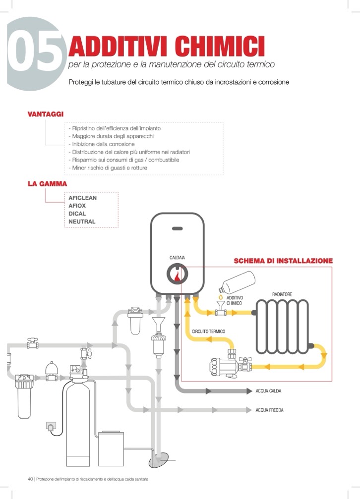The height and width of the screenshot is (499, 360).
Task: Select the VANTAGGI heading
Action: pos(45,114)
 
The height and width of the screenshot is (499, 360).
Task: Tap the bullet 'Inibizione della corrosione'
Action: pos(101,144)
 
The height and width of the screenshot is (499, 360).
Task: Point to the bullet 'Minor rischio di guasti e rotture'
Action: pos(110,168)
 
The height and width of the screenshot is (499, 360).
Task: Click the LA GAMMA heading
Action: pos(47,184)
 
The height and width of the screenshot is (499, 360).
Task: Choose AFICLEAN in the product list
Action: pos(83,198)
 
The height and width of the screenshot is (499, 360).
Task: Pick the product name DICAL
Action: pos(77,214)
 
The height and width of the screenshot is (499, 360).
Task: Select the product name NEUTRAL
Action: pos(82,222)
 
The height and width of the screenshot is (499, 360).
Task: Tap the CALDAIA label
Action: pos(177,258)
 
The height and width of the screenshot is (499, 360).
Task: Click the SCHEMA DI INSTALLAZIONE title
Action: pos(283,261)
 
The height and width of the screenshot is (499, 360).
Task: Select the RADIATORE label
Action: pos(282,294)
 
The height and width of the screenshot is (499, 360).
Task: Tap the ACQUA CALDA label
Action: pos(268,391)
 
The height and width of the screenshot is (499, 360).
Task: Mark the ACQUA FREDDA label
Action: pos(269,410)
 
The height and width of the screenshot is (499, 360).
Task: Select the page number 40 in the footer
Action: pos(30,479)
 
